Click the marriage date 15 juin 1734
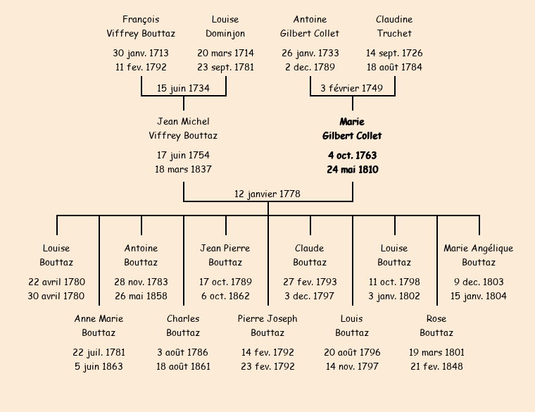pos(183,88)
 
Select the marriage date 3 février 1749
pos(352,88)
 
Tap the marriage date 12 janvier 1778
pos(267,194)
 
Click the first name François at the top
pos(141,20)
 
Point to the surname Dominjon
pos(225,34)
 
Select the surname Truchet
pos(394,34)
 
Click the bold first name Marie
pos(352,122)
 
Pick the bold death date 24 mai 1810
pos(352,170)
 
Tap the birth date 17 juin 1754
pos(183,156)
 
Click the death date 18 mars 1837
pos(183,170)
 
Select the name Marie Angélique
pos(479,249)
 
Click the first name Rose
pos(436,319)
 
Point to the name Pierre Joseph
pos(267,319)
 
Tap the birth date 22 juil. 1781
pos(99,353)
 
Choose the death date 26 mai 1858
pos(141,296)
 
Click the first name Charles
pos(183,319)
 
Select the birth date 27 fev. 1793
pos(310,282)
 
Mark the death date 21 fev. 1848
pos(436,367)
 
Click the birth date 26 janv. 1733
pos(310,54)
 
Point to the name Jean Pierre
pos(225,249)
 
